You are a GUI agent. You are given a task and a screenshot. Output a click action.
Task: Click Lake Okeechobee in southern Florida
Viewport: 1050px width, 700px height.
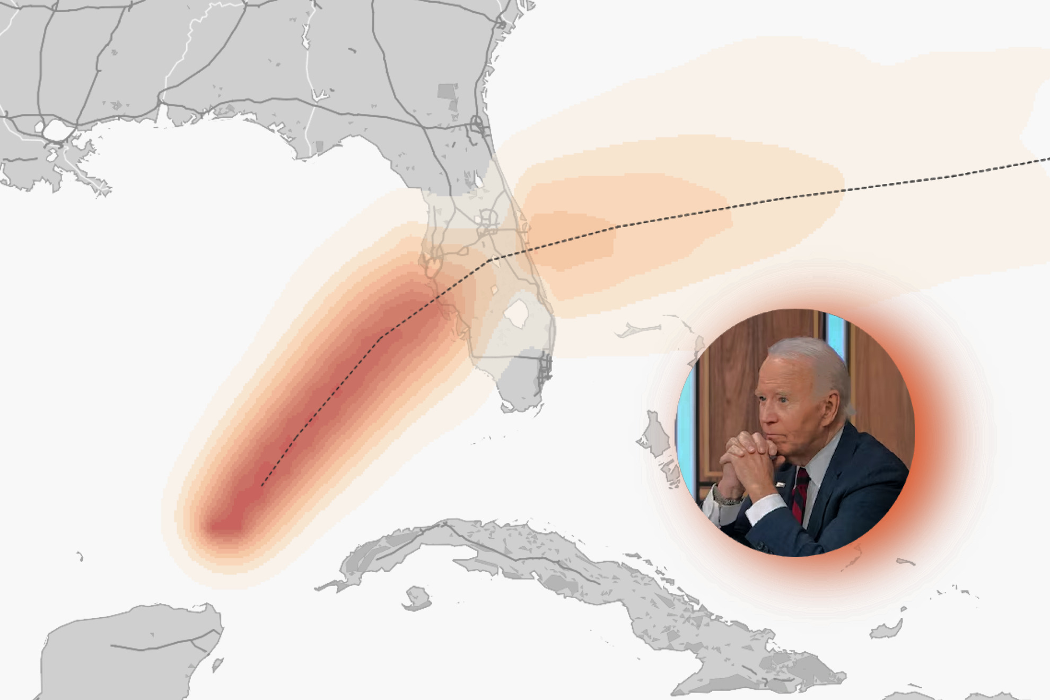coord(516,313)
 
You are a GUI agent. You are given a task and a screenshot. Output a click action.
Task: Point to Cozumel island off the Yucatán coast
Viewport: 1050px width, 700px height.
coord(217,664)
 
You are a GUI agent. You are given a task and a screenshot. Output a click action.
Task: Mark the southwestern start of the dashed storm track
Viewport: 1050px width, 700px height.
coord(262,485)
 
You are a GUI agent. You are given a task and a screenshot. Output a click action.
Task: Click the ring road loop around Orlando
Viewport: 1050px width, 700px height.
coord(487,219)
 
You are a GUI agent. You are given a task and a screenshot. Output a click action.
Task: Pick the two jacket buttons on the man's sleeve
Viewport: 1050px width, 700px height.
coord(764,546)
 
